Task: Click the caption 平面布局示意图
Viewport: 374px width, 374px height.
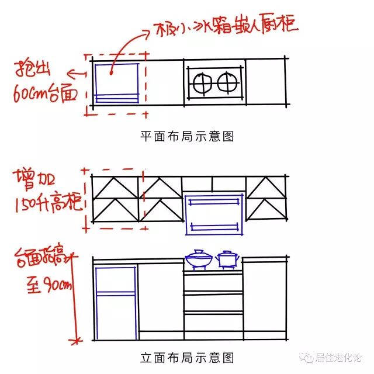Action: (187, 136)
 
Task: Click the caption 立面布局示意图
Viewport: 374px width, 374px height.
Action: (187, 356)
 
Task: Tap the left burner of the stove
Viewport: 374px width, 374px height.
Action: (203, 82)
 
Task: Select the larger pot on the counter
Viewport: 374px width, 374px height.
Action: (199, 259)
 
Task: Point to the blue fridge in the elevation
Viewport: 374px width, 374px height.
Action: (116, 302)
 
